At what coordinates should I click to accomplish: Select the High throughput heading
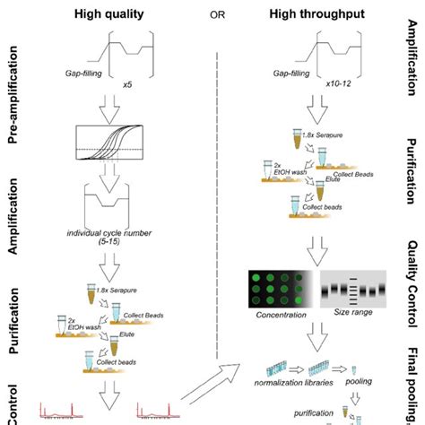point(322,11)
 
